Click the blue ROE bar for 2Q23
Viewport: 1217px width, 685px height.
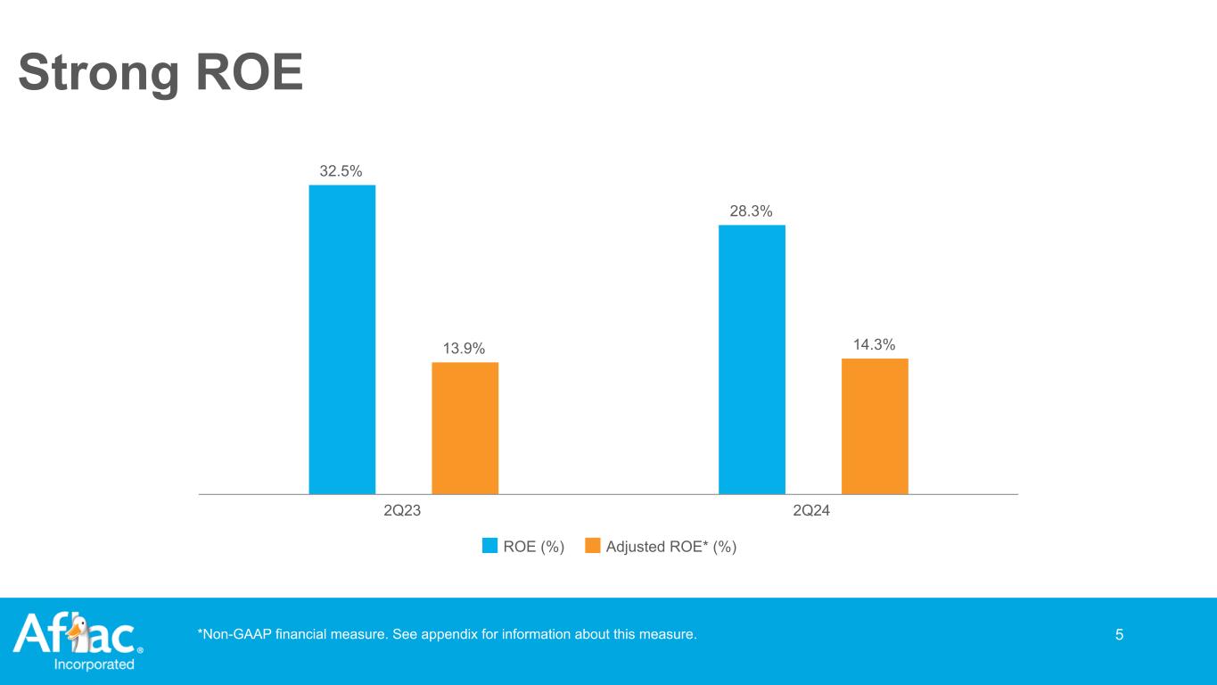[342, 339]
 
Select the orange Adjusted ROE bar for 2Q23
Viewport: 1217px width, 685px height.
[465, 428]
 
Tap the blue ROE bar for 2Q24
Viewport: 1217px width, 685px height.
[752, 359]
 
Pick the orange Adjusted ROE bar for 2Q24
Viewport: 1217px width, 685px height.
[875, 426]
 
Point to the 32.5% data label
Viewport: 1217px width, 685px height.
[342, 170]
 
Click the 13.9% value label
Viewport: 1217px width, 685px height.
[465, 348]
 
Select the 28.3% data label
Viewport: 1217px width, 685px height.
[752, 210]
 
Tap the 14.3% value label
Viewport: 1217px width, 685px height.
[875, 344]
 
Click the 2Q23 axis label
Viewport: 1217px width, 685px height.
[403, 512]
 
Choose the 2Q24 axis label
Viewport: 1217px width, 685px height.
[812, 512]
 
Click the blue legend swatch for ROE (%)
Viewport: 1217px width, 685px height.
[489, 547]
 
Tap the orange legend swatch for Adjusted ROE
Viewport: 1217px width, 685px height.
[592, 547]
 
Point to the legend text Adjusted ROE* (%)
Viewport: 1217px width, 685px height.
[670, 547]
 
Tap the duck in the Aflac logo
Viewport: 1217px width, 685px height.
[78, 631]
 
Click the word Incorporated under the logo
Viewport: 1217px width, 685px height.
[95, 664]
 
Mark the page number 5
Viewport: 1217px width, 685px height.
[1119, 635]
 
